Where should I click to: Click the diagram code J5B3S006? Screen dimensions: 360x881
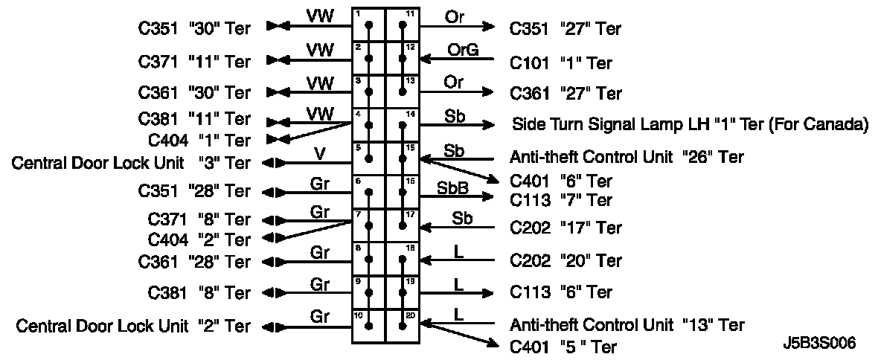[x=818, y=343]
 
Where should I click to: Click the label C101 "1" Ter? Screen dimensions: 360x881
[x=561, y=63]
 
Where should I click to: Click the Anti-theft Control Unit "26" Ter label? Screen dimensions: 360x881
[x=627, y=157]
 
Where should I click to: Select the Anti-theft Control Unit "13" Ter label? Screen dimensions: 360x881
[x=627, y=325]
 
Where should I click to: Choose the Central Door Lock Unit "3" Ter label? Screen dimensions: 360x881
[x=131, y=162]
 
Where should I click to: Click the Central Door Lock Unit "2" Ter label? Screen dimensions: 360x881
[x=133, y=326]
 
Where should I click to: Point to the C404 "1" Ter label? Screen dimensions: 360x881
[x=199, y=139]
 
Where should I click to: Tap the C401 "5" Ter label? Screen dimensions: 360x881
[x=563, y=347]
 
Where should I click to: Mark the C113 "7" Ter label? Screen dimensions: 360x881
[x=561, y=200]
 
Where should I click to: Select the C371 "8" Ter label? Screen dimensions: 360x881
[x=199, y=219]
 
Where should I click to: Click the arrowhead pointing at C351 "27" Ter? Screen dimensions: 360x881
[x=488, y=27]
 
